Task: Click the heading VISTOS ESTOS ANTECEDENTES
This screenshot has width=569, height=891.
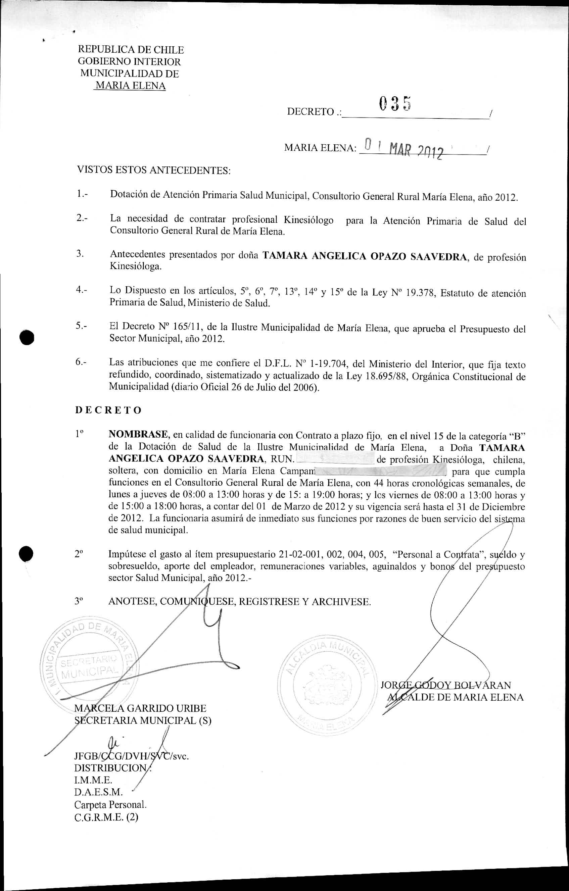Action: point(153,170)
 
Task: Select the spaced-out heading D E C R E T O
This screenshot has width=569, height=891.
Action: point(108,410)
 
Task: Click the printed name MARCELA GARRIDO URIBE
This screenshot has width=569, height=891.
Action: point(141,708)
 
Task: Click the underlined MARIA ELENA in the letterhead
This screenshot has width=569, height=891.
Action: point(130,86)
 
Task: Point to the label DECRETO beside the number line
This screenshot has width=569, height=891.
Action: point(311,112)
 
